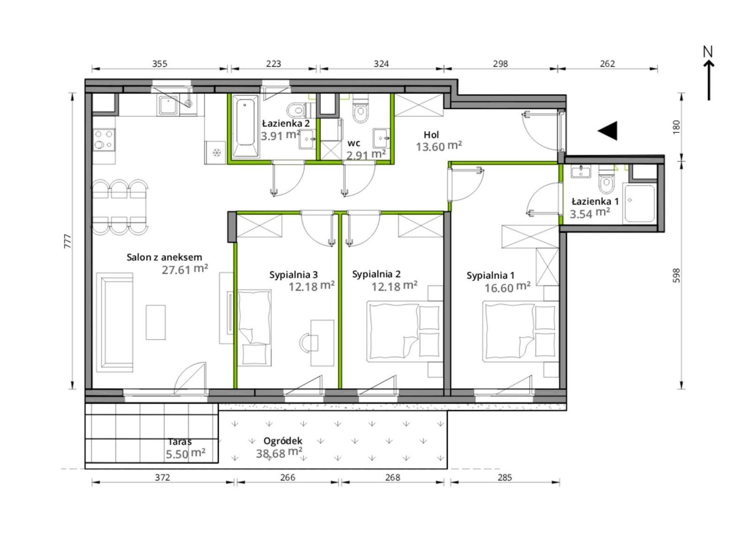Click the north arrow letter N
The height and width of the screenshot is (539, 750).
(708, 52)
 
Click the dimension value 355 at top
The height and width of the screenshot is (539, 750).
(160, 64)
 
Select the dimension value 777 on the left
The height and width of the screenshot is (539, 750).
(67, 241)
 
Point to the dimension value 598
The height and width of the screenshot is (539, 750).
(676, 275)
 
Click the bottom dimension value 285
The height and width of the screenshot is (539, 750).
(504, 477)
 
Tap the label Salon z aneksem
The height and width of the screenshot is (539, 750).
(164, 257)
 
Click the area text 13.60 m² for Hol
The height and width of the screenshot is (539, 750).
(439, 146)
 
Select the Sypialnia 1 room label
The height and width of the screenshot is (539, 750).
(490, 275)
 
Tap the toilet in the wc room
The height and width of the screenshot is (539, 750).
(360, 110)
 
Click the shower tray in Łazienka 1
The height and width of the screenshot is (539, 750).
(639, 204)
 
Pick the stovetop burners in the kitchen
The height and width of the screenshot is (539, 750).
(104, 140)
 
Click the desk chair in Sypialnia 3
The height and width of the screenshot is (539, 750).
(309, 342)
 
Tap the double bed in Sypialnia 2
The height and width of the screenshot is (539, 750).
(403, 331)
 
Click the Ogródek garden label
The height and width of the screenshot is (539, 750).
(283, 441)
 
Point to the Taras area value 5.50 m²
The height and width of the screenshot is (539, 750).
(186, 453)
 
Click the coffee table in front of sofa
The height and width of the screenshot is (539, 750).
(156, 322)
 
